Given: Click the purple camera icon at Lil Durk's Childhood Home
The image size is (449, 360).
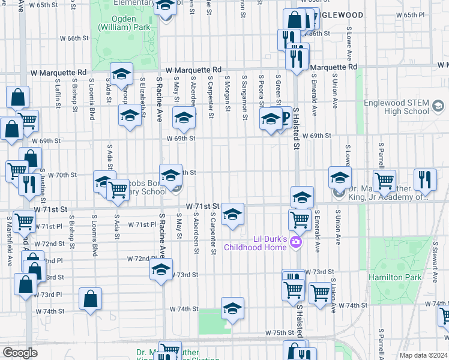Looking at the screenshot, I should pos(295,242).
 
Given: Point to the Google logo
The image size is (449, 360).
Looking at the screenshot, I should pos(19,352).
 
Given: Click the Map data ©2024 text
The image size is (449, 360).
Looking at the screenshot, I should pos(423,355).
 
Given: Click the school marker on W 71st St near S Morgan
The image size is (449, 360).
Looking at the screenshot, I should pos(232,214).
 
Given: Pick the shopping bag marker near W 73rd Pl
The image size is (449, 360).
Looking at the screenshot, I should pos(90,299).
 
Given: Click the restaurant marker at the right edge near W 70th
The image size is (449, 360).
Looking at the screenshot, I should pos(425,180).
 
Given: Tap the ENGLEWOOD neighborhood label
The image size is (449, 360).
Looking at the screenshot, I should pos(338,14).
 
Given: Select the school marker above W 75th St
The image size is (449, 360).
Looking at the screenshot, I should pos(232,308).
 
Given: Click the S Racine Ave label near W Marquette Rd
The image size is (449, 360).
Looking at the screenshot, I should pos(160,95).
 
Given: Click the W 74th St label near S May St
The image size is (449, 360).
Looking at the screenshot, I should pos(184,309).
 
